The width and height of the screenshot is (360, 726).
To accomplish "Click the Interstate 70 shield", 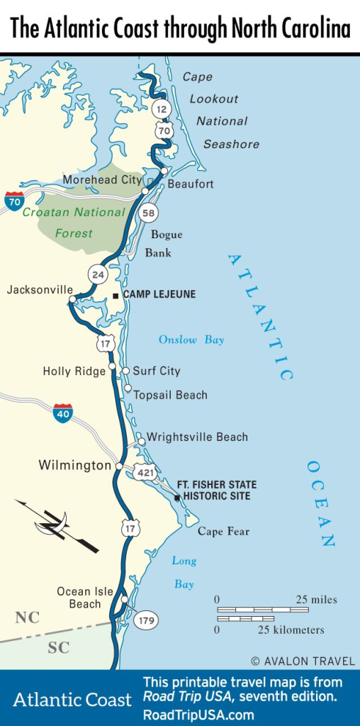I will click(14, 201).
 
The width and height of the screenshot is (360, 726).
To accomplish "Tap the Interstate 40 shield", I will click(62, 413).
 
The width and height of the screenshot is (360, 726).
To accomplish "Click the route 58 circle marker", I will click(148, 212).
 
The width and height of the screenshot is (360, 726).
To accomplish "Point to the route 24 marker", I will click(97, 274).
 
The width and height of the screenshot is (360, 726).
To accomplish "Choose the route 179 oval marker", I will click(145, 620).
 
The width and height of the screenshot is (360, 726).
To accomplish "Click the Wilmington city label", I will click(74, 466).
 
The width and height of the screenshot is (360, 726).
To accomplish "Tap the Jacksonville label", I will click(40, 290).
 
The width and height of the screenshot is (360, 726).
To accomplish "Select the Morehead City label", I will click(101, 180).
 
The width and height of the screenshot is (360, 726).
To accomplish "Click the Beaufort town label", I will click(190, 184).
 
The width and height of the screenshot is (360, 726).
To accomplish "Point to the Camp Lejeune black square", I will click(116, 295).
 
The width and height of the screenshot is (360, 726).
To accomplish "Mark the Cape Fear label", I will click(223, 532).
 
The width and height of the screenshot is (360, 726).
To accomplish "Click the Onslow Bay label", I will click(191, 340).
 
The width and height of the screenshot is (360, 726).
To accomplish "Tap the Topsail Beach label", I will click(170, 395).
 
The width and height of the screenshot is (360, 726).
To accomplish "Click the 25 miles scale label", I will click(316, 600).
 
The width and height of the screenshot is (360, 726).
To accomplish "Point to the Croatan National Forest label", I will click(73, 222).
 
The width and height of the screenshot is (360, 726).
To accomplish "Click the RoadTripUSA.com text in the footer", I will click(198, 715).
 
